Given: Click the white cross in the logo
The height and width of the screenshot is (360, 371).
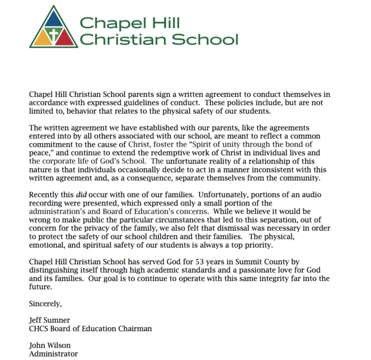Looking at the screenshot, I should [x=54, y=35].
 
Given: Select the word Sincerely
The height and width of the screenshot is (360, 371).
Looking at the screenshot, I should [x=45, y=304].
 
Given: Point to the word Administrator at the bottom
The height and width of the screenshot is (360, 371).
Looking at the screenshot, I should [x=53, y=353].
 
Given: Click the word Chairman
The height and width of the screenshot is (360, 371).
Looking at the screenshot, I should [x=132, y=328].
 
